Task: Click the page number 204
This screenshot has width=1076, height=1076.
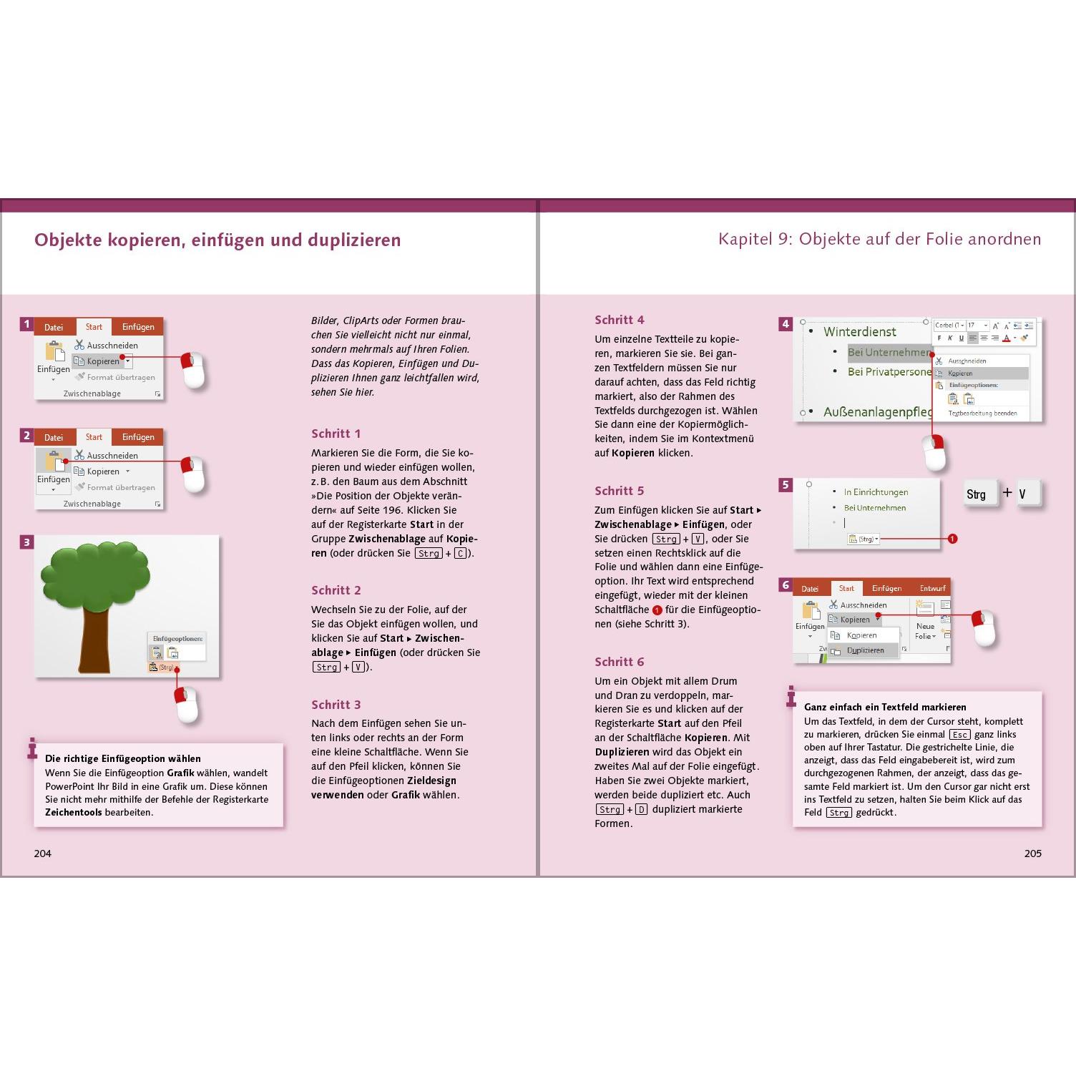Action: pos(43,853)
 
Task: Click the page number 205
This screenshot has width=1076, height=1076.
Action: pos(1032,853)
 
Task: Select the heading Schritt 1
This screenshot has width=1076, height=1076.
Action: pos(336,434)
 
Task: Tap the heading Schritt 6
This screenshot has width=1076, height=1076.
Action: pos(619,662)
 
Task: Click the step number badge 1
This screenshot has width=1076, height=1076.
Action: pos(26,324)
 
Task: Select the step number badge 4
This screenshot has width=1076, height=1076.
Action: pos(785,324)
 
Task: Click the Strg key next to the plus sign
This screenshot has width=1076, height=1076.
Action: pos(977,494)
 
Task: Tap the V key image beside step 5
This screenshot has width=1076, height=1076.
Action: pos(1023,494)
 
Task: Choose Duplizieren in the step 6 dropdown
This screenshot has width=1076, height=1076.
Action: pos(865,650)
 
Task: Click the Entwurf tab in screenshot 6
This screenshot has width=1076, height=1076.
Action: pos(932,588)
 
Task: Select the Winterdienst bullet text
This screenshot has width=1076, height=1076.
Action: pos(859,332)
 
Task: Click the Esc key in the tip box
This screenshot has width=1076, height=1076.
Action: pos(959,735)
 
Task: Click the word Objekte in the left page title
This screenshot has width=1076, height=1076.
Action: pos(68,240)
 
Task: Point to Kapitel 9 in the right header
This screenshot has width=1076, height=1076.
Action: pos(754,239)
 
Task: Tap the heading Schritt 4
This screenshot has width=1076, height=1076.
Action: pos(619,320)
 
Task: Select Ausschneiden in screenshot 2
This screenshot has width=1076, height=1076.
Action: pos(112,456)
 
